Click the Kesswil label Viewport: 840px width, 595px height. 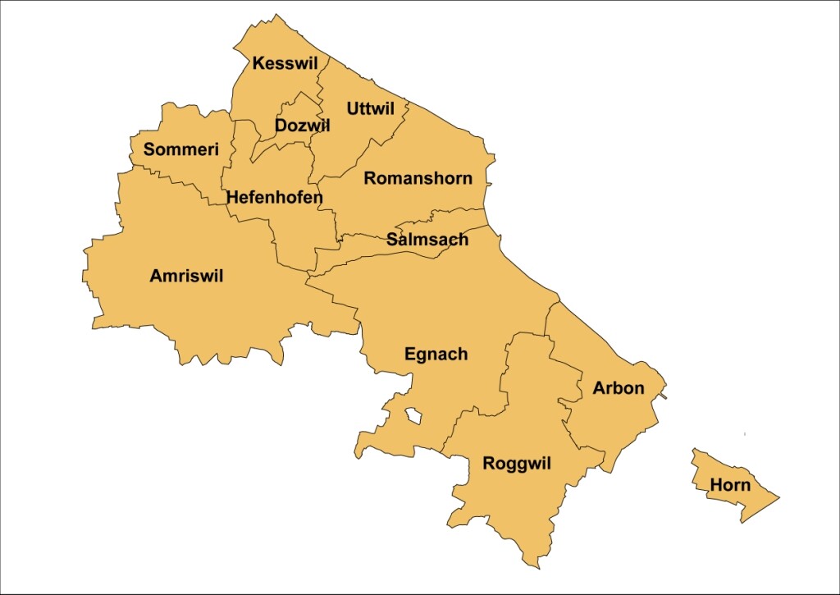point(285,63)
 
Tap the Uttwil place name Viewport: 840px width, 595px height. point(371,108)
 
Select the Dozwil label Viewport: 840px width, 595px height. point(302,126)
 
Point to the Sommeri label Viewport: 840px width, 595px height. point(181,149)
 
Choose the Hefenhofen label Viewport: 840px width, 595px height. point(275,197)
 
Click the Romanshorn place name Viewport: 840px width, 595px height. point(418,178)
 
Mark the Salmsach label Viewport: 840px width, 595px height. point(427,240)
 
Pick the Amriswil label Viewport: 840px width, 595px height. point(186,277)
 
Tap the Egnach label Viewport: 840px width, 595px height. point(436,355)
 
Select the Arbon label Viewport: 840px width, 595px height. point(619,388)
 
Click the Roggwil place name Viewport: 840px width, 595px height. point(517,464)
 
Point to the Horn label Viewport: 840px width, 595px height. point(730,485)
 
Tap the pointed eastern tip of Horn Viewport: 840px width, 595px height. point(778,497)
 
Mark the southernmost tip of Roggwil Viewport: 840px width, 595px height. point(538,567)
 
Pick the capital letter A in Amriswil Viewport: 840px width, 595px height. point(156,277)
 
